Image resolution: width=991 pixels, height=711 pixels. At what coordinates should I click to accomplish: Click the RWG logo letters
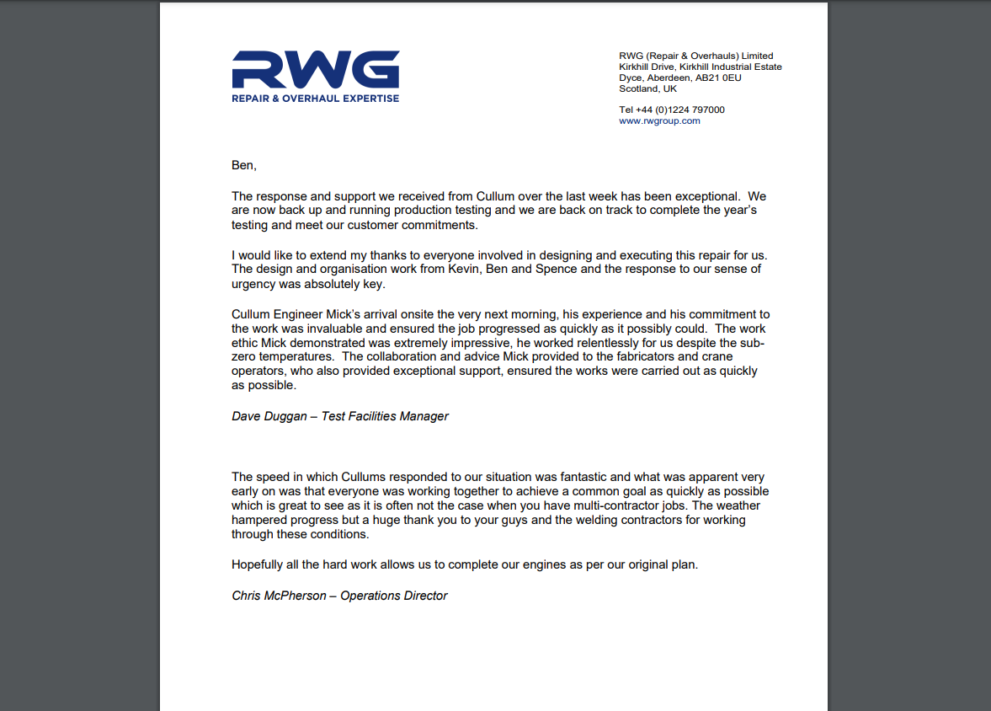pos(316,69)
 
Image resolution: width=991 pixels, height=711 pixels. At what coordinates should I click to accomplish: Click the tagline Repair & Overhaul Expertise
pos(316,99)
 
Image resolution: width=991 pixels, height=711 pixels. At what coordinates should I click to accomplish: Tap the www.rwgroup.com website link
pos(659,120)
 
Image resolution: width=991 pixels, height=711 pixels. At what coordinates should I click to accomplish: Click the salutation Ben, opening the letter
pos(243,165)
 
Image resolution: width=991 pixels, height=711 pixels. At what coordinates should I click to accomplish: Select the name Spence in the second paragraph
pos(573,269)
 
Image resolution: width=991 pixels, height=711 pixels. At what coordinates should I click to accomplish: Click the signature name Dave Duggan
pos(269,416)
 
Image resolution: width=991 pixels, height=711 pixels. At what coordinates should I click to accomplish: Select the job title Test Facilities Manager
pos(385,416)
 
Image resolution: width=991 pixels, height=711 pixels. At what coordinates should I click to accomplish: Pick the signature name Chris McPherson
pos(278,596)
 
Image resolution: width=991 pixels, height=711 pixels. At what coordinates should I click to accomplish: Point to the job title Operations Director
pos(393,596)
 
